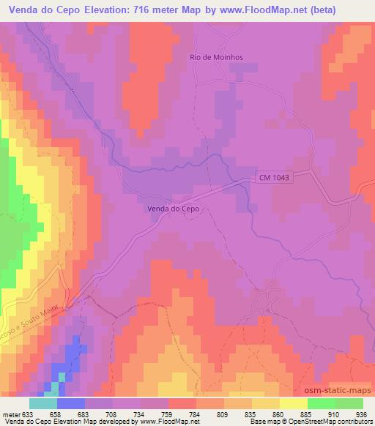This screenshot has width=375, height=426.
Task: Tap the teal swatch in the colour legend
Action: click(x=43, y=403)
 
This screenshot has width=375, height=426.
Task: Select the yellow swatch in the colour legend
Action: click(x=294, y=403)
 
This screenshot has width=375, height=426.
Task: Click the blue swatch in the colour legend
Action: click(x=71, y=403)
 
